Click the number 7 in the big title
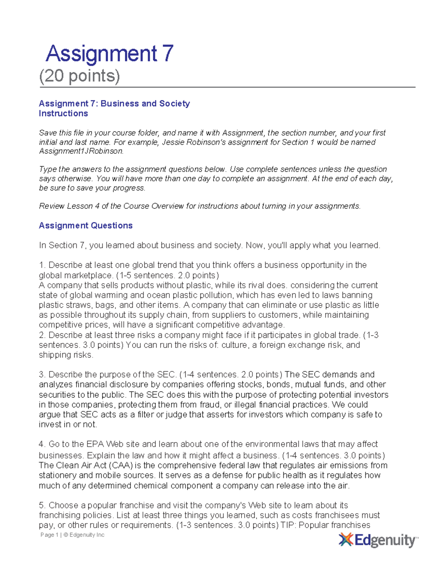(167, 54)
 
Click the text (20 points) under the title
(79, 76)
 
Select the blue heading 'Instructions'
(63, 114)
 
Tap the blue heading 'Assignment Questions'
(86, 226)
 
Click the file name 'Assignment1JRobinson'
(80, 151)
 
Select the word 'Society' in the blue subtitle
(175, 104)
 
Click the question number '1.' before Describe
(43, 265)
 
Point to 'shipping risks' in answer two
(65, 355)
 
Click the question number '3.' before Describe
(43, 375)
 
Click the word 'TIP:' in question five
(288, 525)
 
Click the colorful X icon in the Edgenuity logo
(346, 540)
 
